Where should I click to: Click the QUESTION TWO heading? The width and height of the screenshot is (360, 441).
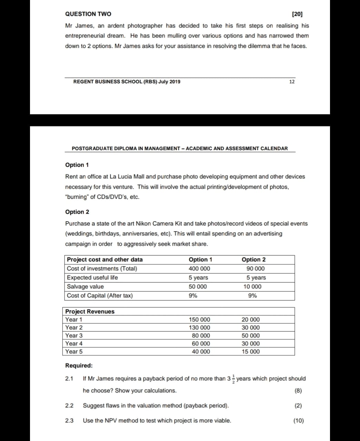tap(88, 14)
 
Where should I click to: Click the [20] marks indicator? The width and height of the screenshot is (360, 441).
tap(297, 14)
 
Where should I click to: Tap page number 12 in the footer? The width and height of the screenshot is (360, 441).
tap(292, 82)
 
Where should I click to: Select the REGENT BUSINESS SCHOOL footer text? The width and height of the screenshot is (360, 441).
tap(127, 82)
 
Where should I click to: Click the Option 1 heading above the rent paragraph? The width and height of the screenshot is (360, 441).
tap(77, 165)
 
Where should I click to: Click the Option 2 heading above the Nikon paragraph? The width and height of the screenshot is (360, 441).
tap(77, 212)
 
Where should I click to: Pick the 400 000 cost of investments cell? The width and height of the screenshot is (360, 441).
tap(199, 269)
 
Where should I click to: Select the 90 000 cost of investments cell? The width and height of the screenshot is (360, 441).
tap(256, 269)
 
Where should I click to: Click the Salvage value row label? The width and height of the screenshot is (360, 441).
tap(85, 287)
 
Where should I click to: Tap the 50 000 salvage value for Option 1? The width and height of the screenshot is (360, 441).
tap(198, 287)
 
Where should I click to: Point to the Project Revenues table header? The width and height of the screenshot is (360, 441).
tap(90, 311)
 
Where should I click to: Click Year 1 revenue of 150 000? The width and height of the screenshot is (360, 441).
tap(199, 320)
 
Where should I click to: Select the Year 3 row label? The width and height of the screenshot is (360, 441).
tap(74, 336)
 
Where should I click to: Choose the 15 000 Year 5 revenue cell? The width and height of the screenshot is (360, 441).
tap(251, 352)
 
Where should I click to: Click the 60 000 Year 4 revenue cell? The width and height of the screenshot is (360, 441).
tap(201, 343)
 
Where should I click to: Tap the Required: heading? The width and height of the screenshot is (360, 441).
tap(79, 366)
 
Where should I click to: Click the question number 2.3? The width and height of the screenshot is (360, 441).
tap(69, 421)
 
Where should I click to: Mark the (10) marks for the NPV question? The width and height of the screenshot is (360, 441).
tap(298, 421)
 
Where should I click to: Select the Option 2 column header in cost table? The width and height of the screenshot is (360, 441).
tap(253, 260)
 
